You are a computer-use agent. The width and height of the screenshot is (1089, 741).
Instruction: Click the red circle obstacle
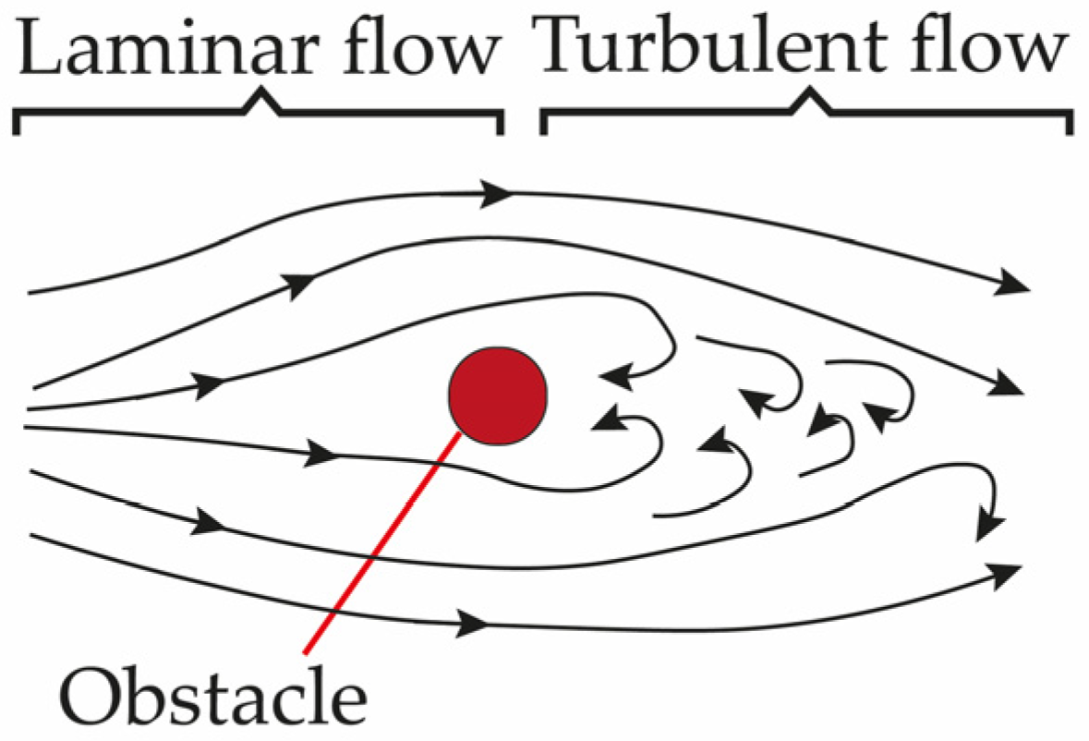[x=498, y=395]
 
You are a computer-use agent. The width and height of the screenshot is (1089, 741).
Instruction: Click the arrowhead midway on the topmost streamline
[x=497, y=194]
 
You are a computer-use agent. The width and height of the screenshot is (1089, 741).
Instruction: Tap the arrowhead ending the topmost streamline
[x=1016, y=283]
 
